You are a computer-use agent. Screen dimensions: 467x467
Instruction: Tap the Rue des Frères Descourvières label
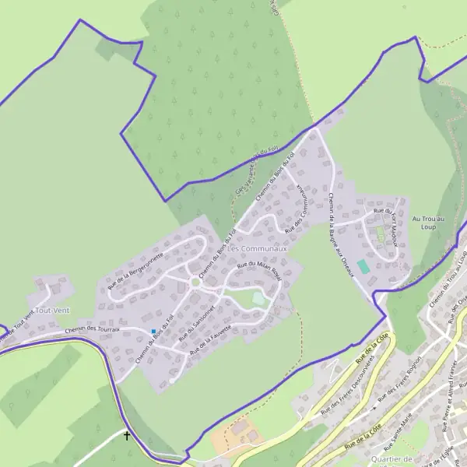tap(347, 384)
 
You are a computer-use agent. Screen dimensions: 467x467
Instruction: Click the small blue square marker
tap(153, 332)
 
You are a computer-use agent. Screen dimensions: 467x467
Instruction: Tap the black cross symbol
tap(128, 437)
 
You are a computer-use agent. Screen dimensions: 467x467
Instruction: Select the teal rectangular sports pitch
tap(363, 266)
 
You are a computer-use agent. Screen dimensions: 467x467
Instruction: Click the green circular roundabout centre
tap(195, 283)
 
